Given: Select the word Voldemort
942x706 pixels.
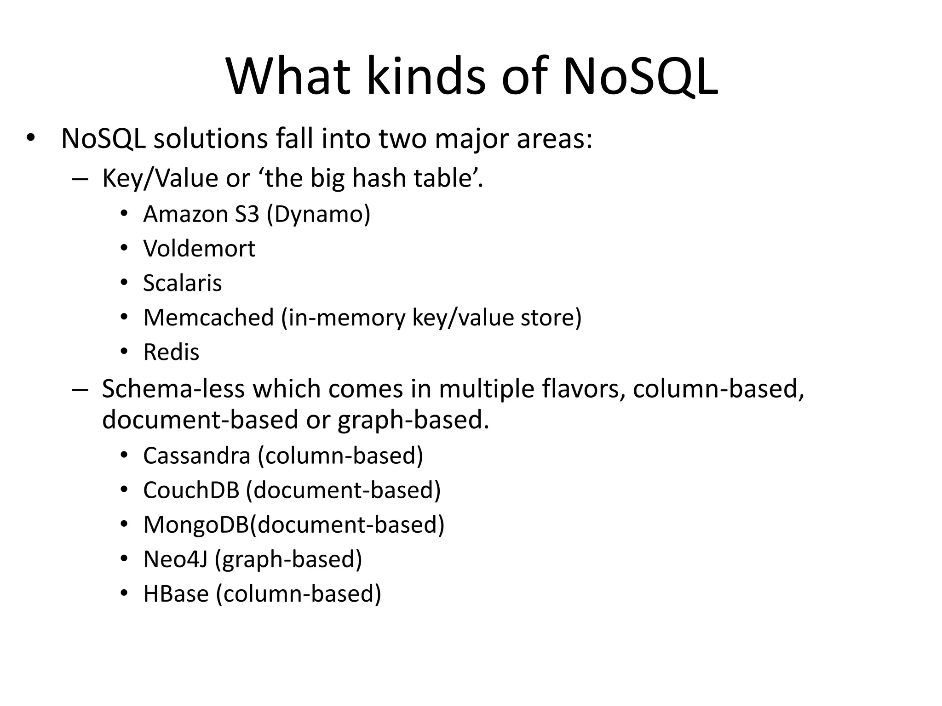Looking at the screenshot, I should [x=199, y=249].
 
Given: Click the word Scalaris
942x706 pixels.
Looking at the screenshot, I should [x=182, y=283].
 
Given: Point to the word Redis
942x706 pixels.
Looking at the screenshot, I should [x=171, y=353].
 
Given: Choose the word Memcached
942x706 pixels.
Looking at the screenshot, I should [x=208, y=318].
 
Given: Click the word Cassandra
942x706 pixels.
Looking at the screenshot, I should [x=196, y=456].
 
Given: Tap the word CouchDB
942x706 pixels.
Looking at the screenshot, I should [x=191, y=490].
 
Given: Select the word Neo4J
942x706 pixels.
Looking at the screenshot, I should [x=175, y=559].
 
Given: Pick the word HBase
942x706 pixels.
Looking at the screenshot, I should [x=176, y=594].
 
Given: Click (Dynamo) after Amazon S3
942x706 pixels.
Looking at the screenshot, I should [x=318, y=214].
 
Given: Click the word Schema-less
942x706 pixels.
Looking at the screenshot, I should [x=173, y=389].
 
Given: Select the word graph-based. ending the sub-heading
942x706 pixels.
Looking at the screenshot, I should [x=413, y=420].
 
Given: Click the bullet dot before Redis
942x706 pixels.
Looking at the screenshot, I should [x=123, y=353].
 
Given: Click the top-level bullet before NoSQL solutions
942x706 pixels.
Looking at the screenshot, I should [x=30, y=138].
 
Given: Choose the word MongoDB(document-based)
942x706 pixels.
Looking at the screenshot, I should [x=293, y=525].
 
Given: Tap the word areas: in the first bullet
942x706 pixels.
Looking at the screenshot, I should [x=554, y=138].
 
